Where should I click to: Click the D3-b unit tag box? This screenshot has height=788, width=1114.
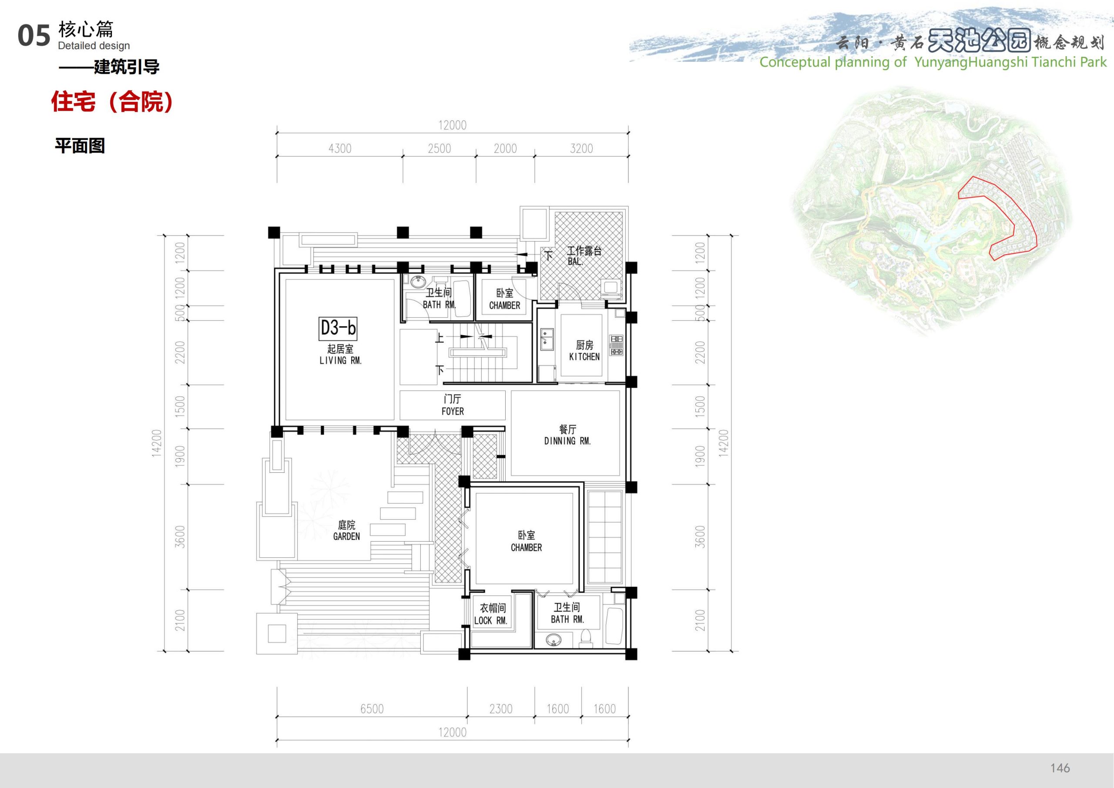(x=338, y=328)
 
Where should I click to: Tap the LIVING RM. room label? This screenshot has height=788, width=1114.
(x=341, y=361)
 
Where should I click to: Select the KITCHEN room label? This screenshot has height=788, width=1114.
(x=584, y=357)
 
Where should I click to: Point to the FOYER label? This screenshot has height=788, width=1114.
(x=453, y=412)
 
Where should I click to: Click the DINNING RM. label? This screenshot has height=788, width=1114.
(x=567, y=441)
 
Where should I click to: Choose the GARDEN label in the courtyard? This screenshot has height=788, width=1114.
(x=346, y=536)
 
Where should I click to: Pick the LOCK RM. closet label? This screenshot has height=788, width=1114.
(x=490, y=620)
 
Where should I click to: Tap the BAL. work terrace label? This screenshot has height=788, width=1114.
(x=575, y=262)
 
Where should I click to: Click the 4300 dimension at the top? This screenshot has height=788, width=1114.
(x=339, y=148)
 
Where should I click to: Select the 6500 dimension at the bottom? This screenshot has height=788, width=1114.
(x=372, y=709)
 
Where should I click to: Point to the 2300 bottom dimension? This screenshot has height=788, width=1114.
(x=501, y=709)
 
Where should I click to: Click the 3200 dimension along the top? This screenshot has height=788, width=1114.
(x=581, y=148)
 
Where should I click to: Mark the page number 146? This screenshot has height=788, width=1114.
(x=1060, y=768)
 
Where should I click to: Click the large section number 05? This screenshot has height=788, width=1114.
(x=34, y=36)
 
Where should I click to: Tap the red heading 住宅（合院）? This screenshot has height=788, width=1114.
(x=112, y=102)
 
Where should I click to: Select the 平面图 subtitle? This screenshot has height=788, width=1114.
(x=80, y=146)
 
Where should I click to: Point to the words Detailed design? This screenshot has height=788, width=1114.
(x=94, y=46)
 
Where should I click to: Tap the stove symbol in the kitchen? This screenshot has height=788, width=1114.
(x=616, y=345)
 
